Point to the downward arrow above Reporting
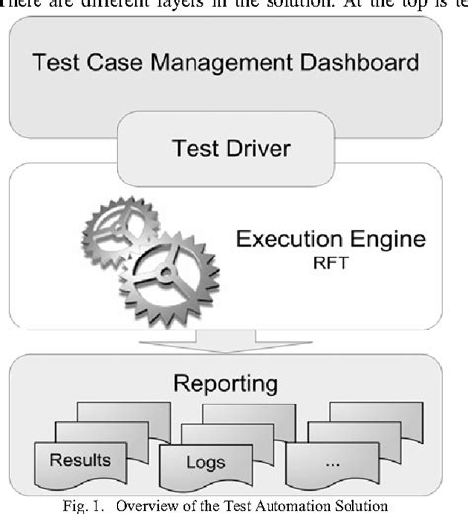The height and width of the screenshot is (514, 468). [x=234, y=341]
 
